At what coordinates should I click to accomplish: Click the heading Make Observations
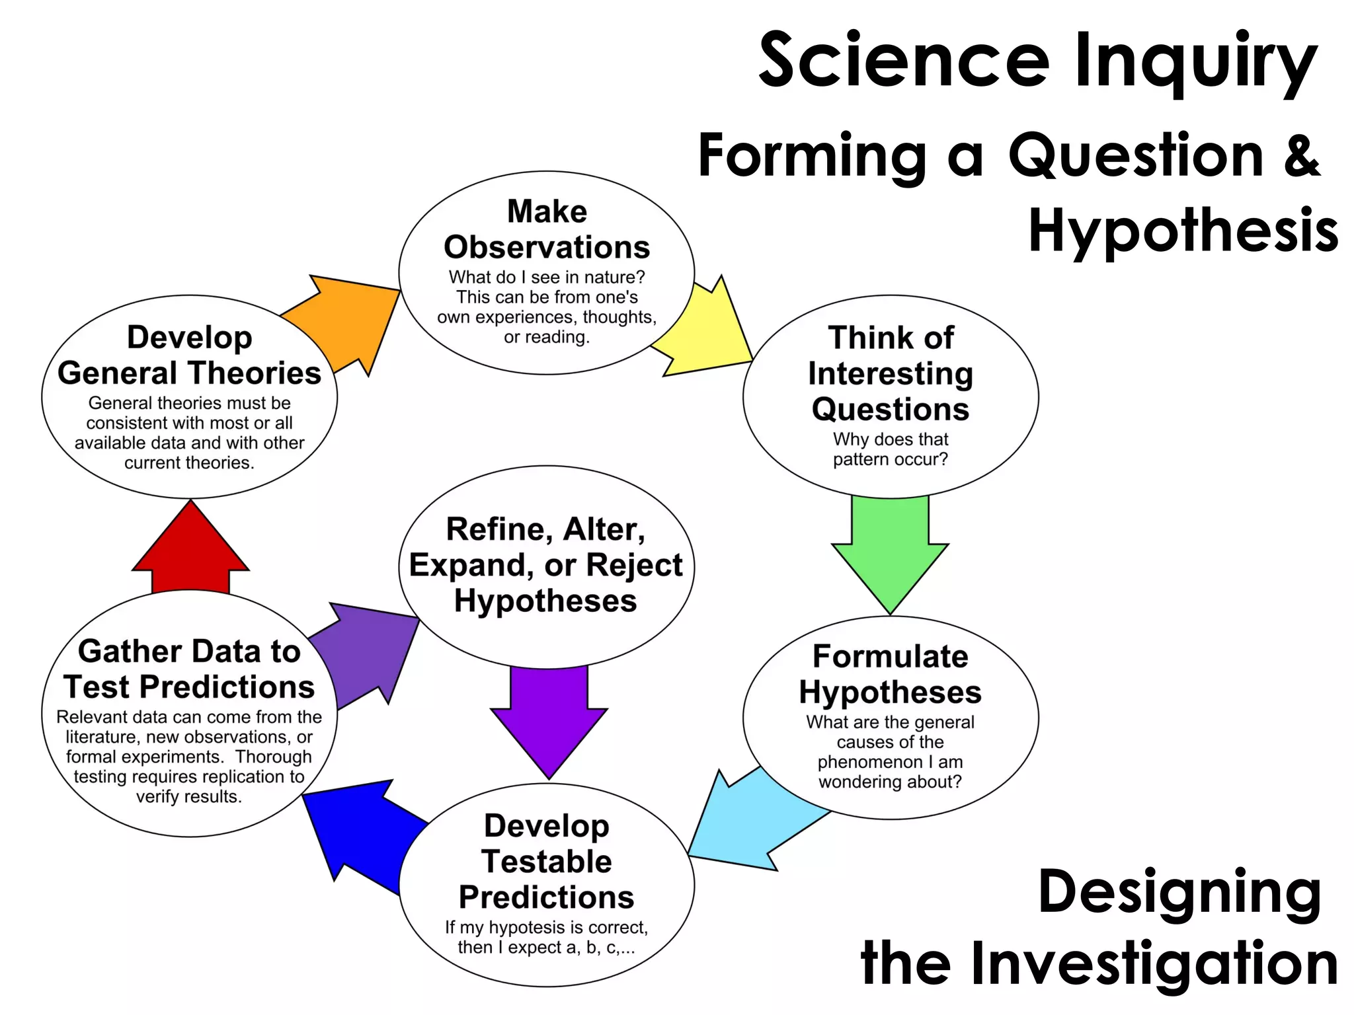(x=547, y=229)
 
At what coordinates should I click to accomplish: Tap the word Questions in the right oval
(x=890, y=409)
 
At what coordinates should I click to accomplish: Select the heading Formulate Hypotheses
(x=890, y=674)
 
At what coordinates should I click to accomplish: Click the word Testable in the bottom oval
(x=547, y=861)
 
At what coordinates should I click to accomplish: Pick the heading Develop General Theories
(x=190, y=356)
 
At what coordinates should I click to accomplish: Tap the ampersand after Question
(x=1301, y=155)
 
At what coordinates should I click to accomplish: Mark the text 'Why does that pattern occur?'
(x=890, y=449)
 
